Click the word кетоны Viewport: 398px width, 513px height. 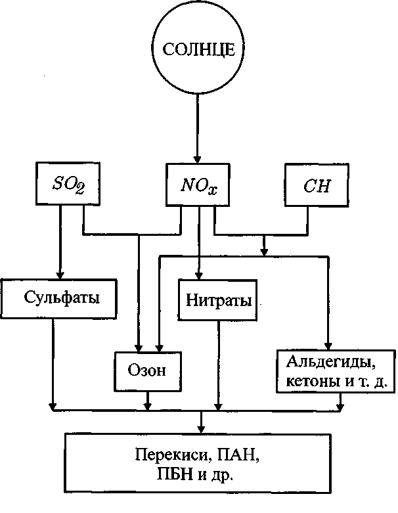point(313,382)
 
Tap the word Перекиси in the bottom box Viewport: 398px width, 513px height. point(172,455)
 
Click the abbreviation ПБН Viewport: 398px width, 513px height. point(175,474)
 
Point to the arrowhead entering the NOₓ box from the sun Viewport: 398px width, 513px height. point(197,159)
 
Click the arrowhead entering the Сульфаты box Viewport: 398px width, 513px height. point(60,274)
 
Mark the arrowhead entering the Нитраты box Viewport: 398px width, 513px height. point(198,275)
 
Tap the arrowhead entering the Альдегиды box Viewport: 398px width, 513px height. point(328,346)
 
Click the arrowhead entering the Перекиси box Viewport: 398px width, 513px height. point(201,428)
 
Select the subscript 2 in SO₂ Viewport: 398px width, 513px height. point(79,189)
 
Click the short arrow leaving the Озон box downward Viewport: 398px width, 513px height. point(148,401)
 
